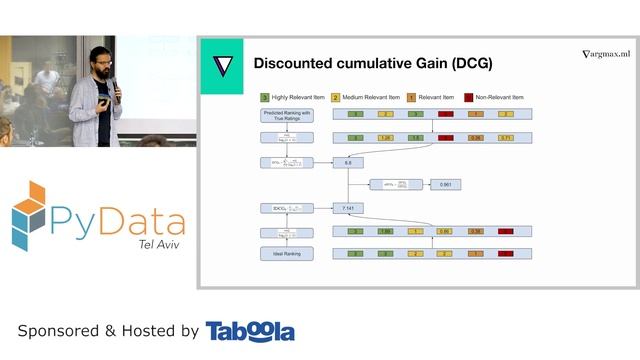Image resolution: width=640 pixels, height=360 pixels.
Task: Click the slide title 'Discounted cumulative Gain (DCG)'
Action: click(372, 63)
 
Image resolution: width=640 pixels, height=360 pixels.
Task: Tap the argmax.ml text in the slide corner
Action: click(607, 54)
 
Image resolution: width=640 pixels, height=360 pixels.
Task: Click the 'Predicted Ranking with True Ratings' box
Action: click(281, 115)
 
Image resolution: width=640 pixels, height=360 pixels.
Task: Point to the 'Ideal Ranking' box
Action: click(281, 254)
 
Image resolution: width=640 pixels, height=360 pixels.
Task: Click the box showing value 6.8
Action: click(348, 161)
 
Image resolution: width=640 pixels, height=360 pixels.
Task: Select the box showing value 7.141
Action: click(348, 208)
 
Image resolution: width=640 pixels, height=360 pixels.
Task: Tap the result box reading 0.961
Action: click(445, 185)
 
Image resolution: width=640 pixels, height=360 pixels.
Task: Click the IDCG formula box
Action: click(281, 208)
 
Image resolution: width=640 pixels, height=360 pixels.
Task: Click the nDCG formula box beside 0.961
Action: click(394, 185)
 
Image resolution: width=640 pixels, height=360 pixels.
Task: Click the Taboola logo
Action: click(250, 331)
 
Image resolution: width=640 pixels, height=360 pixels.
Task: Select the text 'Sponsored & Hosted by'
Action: click(108, 331)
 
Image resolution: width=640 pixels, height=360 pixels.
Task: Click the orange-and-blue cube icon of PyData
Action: click(30, 214)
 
